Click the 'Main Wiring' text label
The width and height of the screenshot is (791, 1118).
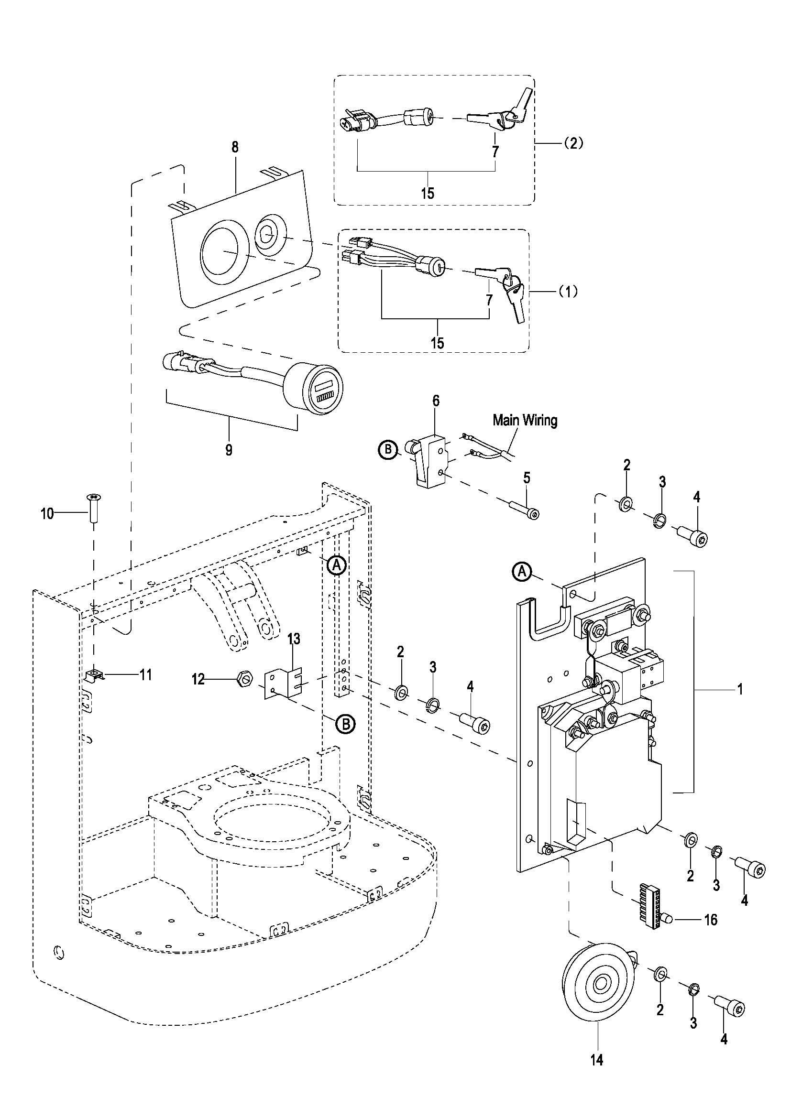coord(525,420)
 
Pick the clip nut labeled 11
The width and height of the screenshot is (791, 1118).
coord(93,674)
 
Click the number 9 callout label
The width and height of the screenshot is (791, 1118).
coord(229,450)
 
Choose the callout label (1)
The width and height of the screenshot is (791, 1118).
coord(567,291)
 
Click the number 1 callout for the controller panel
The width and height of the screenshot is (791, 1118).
coord(739,689)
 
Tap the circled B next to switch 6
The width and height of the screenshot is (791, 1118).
coord(388,449)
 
